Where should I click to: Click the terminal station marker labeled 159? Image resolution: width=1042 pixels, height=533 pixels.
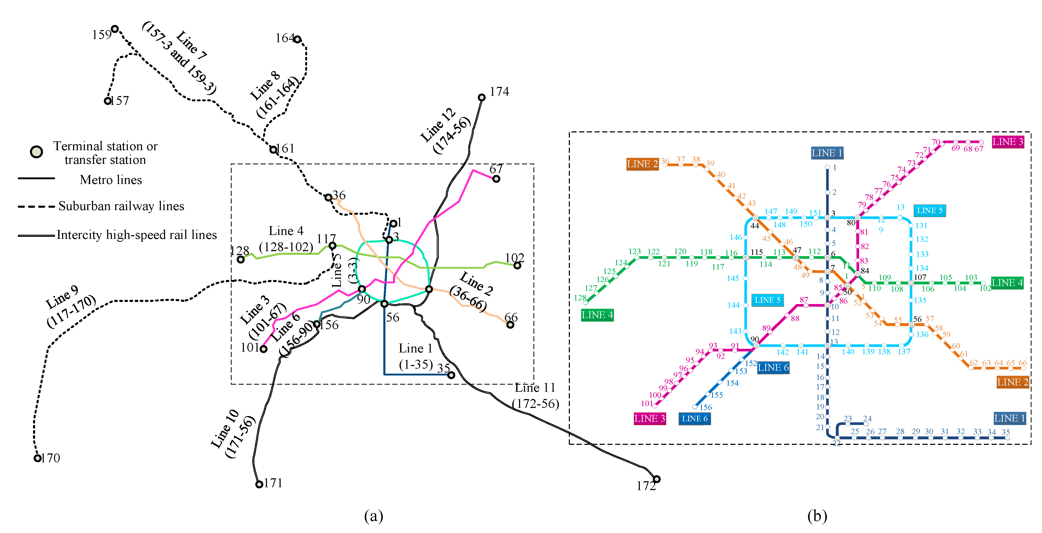pos(115,29)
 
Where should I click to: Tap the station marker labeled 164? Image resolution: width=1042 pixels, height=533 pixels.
pos(297,39)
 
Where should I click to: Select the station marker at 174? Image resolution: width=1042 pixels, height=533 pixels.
pos(481,97)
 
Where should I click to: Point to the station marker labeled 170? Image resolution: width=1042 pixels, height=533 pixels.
pos(37,458)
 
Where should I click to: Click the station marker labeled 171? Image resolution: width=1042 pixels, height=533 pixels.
pos(259,484)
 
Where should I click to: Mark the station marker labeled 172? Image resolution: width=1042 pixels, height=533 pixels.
pos(657,479)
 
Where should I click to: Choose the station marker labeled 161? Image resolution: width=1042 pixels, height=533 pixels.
pos(274,149)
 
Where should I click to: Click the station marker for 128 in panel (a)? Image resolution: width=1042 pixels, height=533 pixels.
pos(241,259)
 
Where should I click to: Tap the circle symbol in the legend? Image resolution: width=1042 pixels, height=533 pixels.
pos(36,152)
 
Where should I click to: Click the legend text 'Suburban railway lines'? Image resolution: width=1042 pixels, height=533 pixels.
pos(121,206)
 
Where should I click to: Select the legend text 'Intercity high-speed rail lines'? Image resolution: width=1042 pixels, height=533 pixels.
pos(137,235)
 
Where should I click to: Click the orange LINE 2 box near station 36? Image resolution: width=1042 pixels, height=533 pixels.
pos(642,164)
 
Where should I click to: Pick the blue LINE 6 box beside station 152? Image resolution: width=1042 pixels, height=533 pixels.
pos(773,367)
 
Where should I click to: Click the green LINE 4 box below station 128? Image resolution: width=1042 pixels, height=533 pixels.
pos(597,315)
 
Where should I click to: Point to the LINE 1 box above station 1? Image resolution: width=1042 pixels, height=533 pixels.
pos(827,153)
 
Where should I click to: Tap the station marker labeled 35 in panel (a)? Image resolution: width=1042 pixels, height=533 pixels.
pos(451,375)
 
